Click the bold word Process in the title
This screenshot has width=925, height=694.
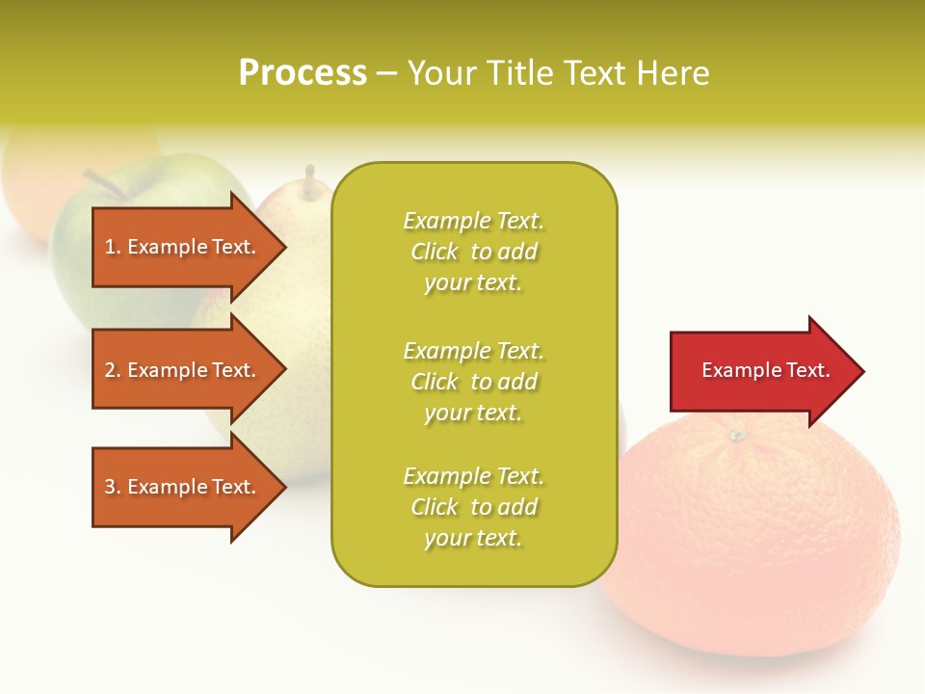point(303,73)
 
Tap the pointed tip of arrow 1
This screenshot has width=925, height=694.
point(283,247)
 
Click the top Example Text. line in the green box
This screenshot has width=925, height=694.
point(473,221)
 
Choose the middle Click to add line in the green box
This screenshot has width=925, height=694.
point(473,382)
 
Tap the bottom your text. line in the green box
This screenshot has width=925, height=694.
point(473,538)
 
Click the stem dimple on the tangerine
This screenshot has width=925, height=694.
point(737,436)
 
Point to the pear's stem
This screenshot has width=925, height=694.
point(309,177)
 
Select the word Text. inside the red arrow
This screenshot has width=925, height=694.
point(806,370)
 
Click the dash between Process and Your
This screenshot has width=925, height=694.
point(386,73)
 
